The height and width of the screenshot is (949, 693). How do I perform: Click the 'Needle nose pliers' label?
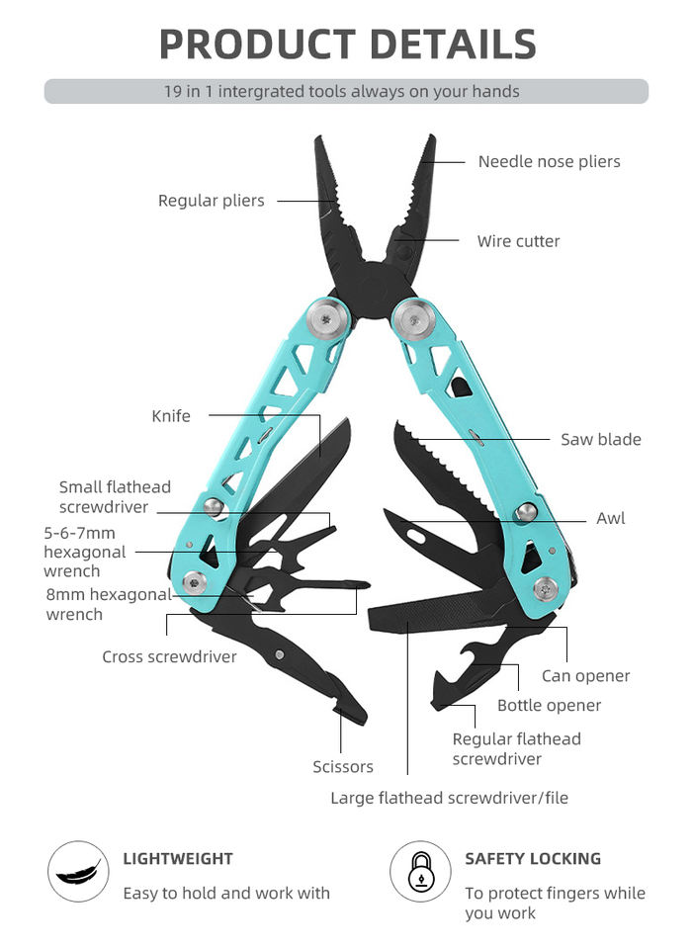pyautogui.click(x=549, y=161)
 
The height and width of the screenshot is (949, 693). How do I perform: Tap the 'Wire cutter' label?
pyautogui.click(x=518, y=241)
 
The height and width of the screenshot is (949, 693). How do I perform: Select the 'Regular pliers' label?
pyautogui.click(x=212, y=201)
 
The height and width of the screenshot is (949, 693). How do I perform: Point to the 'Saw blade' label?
pyautogui.click(x=600, y=440)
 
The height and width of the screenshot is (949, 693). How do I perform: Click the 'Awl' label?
pyautogui.click(x=610, y=518)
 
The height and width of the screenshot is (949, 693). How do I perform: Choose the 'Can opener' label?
pyautogui.click(x=585, y=676)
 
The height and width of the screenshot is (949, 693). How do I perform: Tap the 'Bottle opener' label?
pyautogui.click(x=549, y=706)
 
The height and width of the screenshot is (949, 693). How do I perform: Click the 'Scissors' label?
pyautogui.click(x=343, y=767)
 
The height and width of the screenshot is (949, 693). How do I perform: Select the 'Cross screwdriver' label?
pyautogui.click(x=169, y=656)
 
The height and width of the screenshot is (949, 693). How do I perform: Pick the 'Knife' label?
pyautogui.click(x=171, y=416)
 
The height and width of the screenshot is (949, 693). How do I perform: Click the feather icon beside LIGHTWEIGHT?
pyautogui.click(x=78, y=872)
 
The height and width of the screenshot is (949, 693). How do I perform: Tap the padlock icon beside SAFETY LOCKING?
pyautogui.click(x=420, y=872)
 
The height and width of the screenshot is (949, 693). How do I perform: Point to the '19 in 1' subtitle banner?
pyautogui.click(x=346, y=92)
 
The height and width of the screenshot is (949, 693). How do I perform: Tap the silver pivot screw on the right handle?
pyautogui.click(x=413, y=319)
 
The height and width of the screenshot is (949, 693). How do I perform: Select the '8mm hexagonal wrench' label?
pyautogui.click(x=109, y=604)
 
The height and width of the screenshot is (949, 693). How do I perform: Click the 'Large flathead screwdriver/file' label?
pyautogui.click(x=449, y=798)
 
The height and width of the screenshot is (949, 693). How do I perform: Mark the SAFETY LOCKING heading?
pyautogui.click(x=533, y=859)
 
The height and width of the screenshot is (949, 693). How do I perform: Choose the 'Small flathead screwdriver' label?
pyautogui.click(x=115, y=497)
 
